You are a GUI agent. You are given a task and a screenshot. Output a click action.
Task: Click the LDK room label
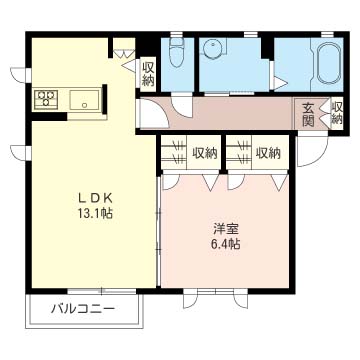pos(95,198)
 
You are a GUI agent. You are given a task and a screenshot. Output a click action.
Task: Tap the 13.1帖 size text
pos(95,213)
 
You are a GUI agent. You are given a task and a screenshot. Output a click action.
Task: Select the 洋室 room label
pos(225,230)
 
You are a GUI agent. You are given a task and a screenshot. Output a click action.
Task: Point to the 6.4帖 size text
pos(225,245)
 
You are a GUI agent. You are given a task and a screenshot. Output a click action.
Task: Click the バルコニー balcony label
pos(83,309)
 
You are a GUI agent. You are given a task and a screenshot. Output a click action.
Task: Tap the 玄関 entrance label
pos(309,115)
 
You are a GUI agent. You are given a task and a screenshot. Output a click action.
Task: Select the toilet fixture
pos(177,52)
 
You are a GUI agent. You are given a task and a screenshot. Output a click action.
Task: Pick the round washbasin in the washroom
pos(212,50)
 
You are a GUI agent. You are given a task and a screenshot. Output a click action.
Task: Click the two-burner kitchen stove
pos(46,99)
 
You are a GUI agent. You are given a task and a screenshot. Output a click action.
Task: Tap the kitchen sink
pos(84,99)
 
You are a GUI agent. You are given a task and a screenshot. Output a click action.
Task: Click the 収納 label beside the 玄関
pos(337,113)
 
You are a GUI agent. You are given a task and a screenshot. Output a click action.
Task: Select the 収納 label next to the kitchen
pos(148,75)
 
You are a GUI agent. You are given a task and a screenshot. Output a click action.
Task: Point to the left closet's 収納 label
pos(204,153)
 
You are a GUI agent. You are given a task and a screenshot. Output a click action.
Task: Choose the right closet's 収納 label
pos(268,153)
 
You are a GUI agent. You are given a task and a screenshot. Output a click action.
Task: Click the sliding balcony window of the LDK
pos(102,291)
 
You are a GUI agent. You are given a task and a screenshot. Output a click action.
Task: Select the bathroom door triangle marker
pos(279,84)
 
